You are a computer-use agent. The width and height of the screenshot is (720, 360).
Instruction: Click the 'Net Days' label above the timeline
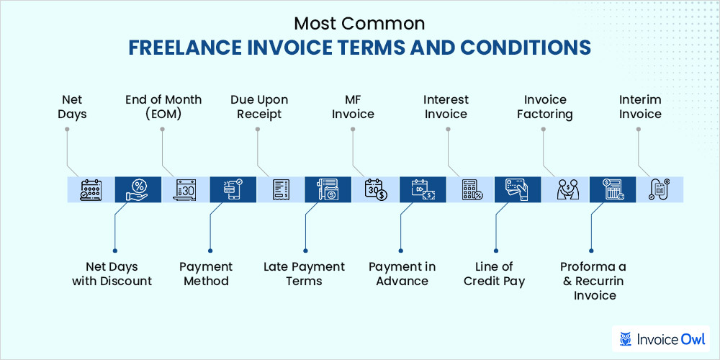tap(74, 107)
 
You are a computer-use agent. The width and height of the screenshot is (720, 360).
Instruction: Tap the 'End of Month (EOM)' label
tap(163, 107)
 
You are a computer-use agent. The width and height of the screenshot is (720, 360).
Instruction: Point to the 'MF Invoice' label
tap(353, 107)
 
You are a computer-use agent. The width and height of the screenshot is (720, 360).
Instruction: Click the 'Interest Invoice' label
tap(446, 107)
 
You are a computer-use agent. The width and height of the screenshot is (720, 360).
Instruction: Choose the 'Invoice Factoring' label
tap(545, 107)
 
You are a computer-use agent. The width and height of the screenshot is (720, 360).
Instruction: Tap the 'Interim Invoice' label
tap(640, 107)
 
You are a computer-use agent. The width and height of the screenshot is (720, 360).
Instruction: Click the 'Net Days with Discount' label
tap(112, 274)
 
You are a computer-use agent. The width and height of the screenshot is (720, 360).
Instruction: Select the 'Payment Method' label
tap(206, 274)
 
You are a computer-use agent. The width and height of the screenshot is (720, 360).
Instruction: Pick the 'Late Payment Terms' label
tap(304, 274)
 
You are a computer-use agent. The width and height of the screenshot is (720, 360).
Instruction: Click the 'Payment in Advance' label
tap(402, 274)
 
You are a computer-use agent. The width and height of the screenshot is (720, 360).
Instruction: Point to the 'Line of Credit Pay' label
tap(495, 274)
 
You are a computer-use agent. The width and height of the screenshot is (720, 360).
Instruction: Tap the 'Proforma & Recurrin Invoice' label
tap(592, 281)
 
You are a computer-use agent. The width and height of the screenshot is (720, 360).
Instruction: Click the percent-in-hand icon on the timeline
tap(138, 189)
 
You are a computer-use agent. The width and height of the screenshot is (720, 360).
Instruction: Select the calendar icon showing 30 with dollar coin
tap(376, 189)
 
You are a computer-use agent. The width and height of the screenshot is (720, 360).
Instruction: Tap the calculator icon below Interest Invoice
tap(472, 189)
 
